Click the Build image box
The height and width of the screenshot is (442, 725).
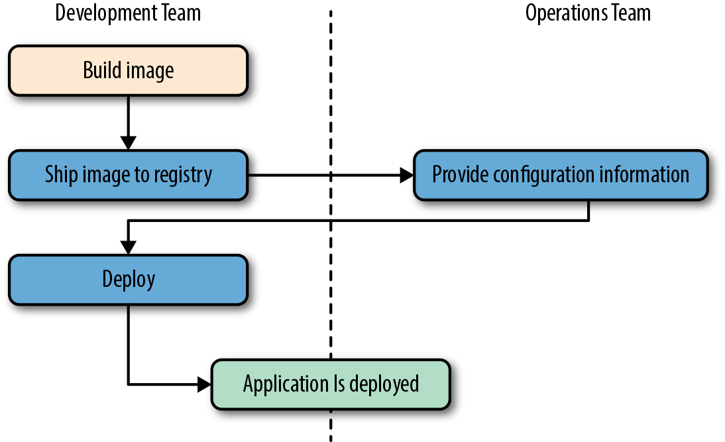[128, 70]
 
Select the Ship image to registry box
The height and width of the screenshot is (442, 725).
[128, 175]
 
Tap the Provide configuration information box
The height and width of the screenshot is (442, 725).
[561, 175]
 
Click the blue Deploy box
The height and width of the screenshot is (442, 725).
[128, 280]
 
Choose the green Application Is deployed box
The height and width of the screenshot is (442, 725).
[331, 384]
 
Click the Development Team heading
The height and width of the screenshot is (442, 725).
[128, 13]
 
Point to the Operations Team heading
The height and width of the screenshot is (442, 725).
[588, 13]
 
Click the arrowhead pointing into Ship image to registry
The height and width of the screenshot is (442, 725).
[128, 142]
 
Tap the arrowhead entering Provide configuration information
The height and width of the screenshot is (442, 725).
[406, 175]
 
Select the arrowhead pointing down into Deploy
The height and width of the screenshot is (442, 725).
[128, 247]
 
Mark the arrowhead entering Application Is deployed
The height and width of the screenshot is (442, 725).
[204, 384]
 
